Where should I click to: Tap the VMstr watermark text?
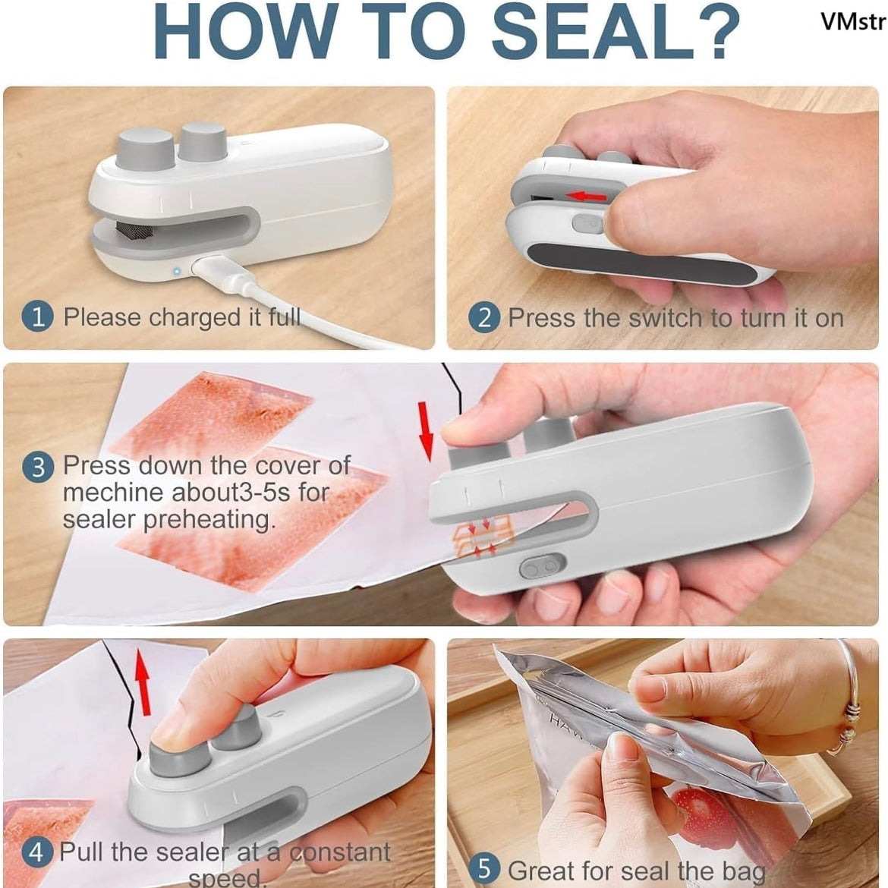click(853, 21)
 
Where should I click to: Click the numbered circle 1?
click(38, 316)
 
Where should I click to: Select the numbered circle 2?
click(484, 318)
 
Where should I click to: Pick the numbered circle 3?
click(38, 468)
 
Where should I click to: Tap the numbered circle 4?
click(37, 852)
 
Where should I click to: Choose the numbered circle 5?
click(485, 869)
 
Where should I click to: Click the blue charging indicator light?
click(177, 271)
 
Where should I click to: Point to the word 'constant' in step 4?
click(340, 852)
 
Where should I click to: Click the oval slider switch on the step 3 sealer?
click(542, 566)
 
